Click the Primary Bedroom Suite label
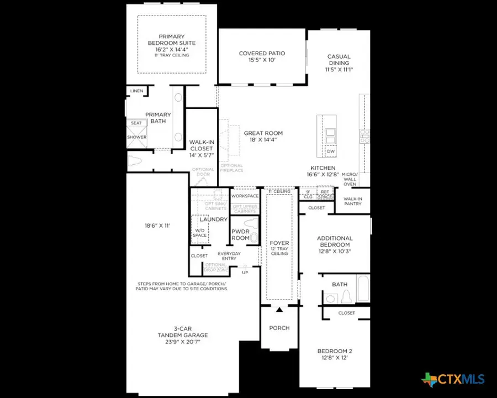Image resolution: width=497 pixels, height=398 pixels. (x=171, y=43)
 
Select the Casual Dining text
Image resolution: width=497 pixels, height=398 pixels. (x=339, y=63)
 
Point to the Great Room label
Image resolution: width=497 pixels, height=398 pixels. (x=263, y=136)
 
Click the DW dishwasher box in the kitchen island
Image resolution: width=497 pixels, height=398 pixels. (x=331, y=151)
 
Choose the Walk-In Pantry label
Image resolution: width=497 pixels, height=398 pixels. (x=353, y=201)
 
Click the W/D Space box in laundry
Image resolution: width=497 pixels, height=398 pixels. (x=199, y=232)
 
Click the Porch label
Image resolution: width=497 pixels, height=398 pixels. (x=279, y=328)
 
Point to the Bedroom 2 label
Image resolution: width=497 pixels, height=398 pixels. (x=334, y=354)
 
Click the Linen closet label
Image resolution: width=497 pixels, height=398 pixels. (x=136, y=91)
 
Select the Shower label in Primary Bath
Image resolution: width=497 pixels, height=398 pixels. (x=137, y=137)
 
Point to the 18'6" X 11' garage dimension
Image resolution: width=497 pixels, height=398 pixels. (x=155, y=226)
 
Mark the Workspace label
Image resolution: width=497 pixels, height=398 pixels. (x=245, y=196)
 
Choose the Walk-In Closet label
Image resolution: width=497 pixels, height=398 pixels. (x=201, y=149)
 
